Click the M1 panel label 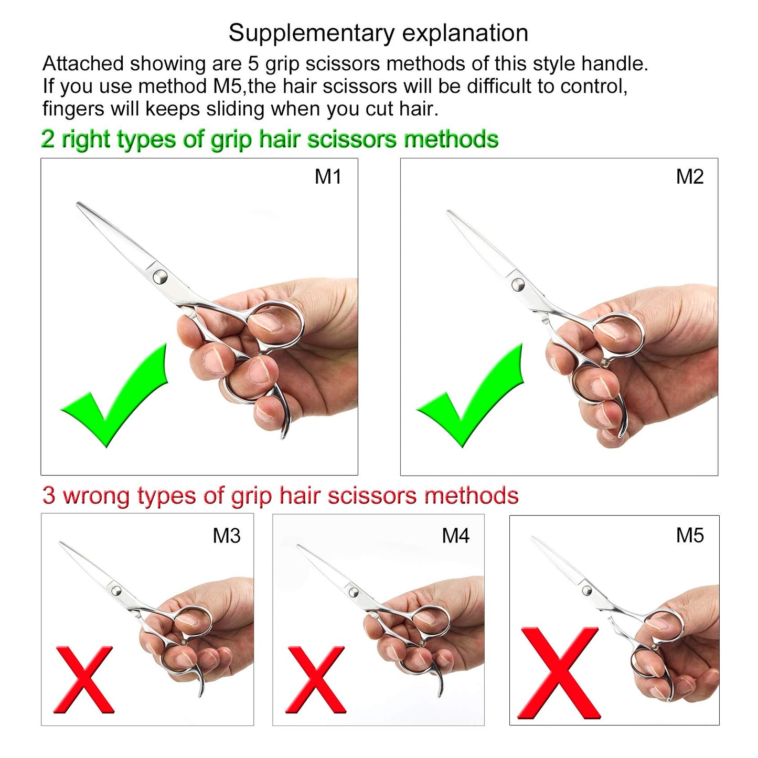328,177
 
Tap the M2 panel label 689,177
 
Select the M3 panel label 226,536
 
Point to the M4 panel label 455,536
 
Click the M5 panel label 689,536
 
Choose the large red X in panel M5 559,673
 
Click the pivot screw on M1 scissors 159,276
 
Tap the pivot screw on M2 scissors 518,285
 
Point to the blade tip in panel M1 79,204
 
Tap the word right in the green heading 86,140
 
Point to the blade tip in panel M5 533,538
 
